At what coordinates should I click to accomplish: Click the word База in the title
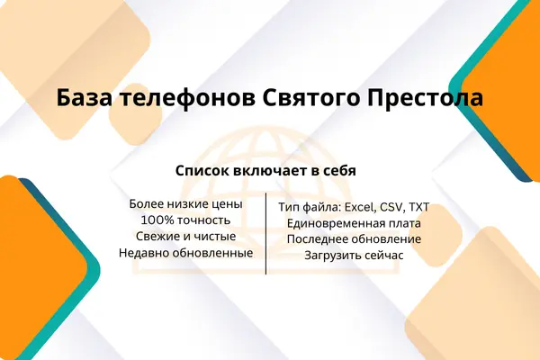tap(85, 98)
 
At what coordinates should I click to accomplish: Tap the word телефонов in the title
tap(188, 98)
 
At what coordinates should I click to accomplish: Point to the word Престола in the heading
tap(425, 98)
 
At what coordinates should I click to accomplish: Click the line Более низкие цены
tap(186, 204)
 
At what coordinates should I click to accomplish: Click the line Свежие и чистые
tap(186, 237)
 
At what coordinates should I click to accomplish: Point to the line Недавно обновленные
tap(186, 253)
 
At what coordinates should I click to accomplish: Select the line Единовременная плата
tap(354, 223)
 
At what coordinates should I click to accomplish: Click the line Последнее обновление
tap(354, 239)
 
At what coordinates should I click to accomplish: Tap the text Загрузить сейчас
tap(354, 256)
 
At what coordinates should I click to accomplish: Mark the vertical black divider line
tap(265, 234)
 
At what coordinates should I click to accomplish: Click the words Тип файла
tap(310, 207)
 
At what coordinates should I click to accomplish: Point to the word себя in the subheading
tap(340, 170)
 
